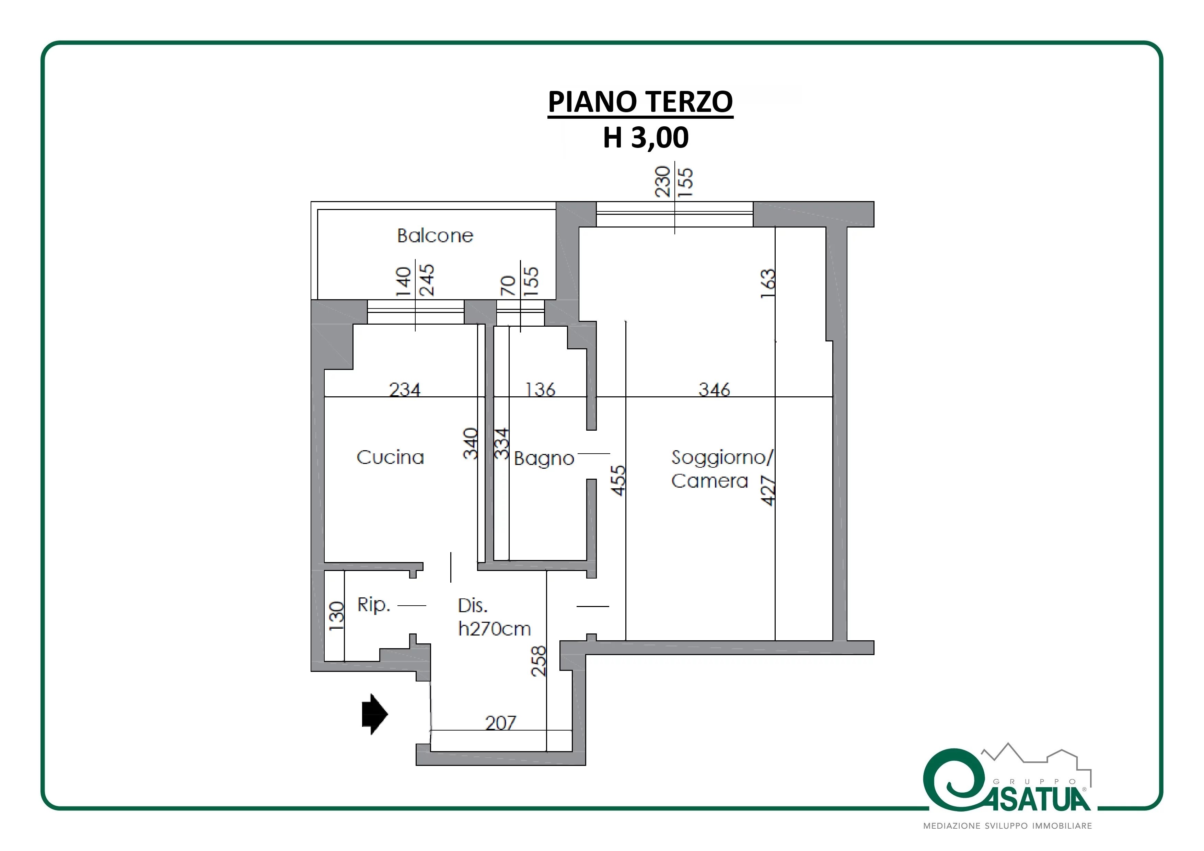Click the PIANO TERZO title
click(640, 102)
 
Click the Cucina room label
click(390, 457)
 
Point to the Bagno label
click(544, 459)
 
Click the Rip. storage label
click(374, 605)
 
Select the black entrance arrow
click(375, 714)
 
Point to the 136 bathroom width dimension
click(540, 389)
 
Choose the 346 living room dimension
click(714, 389)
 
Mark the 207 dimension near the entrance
click(501, 723)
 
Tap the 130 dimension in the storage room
click(336, 616)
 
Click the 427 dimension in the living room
click(768, 491)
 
